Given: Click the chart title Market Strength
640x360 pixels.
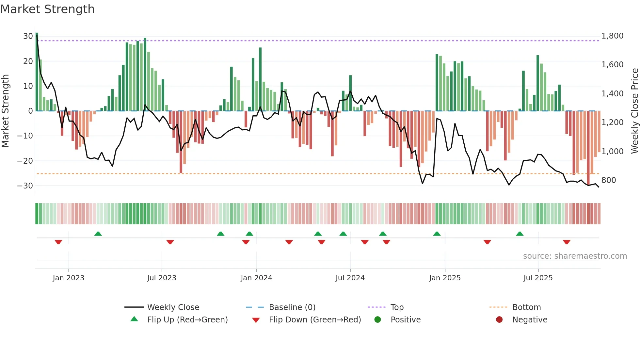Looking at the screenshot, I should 47,9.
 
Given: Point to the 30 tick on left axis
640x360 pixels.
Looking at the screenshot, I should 28,36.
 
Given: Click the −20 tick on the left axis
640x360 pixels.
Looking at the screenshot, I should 25,161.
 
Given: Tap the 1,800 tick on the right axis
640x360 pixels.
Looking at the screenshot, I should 612,36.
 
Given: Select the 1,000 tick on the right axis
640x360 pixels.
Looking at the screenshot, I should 612,151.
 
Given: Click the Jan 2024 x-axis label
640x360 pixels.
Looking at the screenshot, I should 256,278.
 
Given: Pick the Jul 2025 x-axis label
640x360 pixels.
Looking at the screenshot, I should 538,278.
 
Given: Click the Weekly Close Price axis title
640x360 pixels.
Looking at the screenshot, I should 634,111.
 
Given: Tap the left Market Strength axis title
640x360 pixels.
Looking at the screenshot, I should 5,111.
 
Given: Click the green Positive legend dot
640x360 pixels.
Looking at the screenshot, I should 377,319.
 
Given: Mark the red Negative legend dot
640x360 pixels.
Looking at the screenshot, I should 499,319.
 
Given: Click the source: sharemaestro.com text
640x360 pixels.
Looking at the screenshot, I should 575,256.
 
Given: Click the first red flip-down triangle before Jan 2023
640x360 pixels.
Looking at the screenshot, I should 58,242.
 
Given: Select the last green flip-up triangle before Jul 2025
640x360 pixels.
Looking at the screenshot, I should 520,234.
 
